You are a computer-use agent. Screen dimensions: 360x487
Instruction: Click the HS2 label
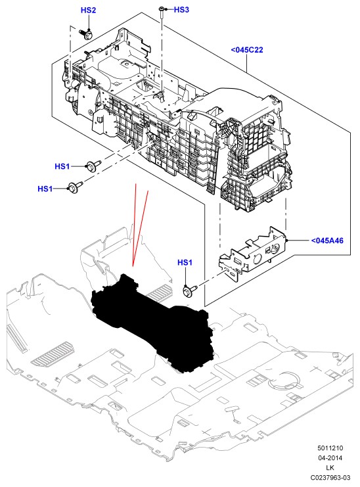pos(89,10)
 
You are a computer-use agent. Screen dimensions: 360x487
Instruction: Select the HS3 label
pos(181,10)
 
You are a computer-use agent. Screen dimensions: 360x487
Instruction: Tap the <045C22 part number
pos(247,50)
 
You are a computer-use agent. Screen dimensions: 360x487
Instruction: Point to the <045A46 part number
pos(327,241)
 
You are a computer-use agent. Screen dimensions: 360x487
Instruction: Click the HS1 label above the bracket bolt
pos(185,262)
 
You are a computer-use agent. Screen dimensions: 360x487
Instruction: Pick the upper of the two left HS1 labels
pos(62,166)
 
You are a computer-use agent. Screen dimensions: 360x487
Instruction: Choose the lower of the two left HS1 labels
pos(45,189)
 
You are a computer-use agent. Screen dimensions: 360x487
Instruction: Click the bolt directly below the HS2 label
pos(85,34)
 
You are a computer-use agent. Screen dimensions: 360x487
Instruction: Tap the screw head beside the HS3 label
pos(162,9)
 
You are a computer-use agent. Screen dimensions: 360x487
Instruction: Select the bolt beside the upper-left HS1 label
pos(93,165)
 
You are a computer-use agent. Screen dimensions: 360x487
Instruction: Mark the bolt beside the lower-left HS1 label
pos(75,187)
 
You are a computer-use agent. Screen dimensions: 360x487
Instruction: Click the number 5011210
pos(330,448)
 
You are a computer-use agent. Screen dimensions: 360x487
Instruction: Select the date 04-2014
pos(330,458)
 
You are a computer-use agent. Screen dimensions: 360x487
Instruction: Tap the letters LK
pos(330,468)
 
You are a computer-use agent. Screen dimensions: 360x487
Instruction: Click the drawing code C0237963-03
pos(330,478)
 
